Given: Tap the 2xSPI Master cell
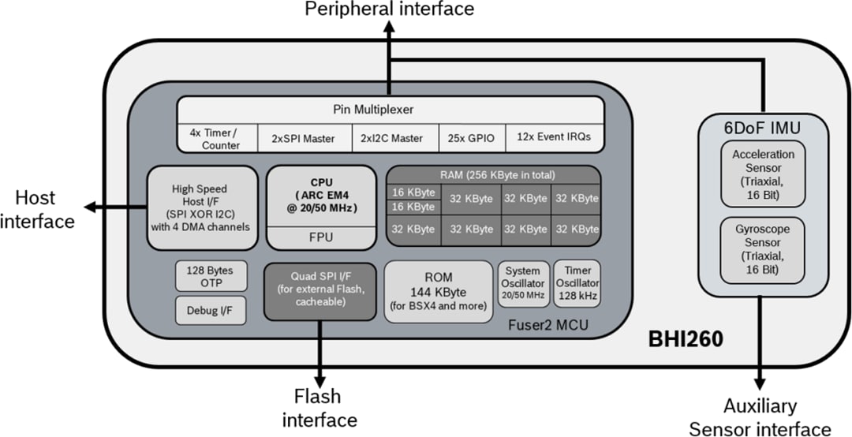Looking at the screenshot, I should pyautogui.click(x=304, y=139).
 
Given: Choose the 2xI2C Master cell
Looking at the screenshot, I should pyautogui.click(x=393, y=139).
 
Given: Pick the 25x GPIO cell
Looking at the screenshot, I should pyautogui.click(x=471, y=139).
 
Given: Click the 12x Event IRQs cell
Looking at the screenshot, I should pyautogui.click(x=553, y=139).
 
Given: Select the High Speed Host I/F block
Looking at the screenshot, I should pyautogui.click(x=203, y=208).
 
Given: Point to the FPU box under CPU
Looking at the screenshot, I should pyautogui.click(x=320, y=236).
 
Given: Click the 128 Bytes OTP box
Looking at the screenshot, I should pyautogui.click(x=210, y=276).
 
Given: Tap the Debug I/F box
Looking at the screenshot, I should pyautogui.click(x=210, y=310).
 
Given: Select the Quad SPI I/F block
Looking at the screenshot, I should pyautogui.click(x=319, y=291).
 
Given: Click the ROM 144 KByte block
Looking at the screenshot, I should pyautogui.click(x=438, y=292).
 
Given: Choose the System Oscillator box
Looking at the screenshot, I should pyautogui.click(x=523, y=283).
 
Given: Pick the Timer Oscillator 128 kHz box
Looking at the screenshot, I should pyautogui.click(x=577, y=283).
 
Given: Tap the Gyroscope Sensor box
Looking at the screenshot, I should pyautogui.click(x=762, y=249).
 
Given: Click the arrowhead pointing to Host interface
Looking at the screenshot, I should pyautogui.click(x=89, y=207).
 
